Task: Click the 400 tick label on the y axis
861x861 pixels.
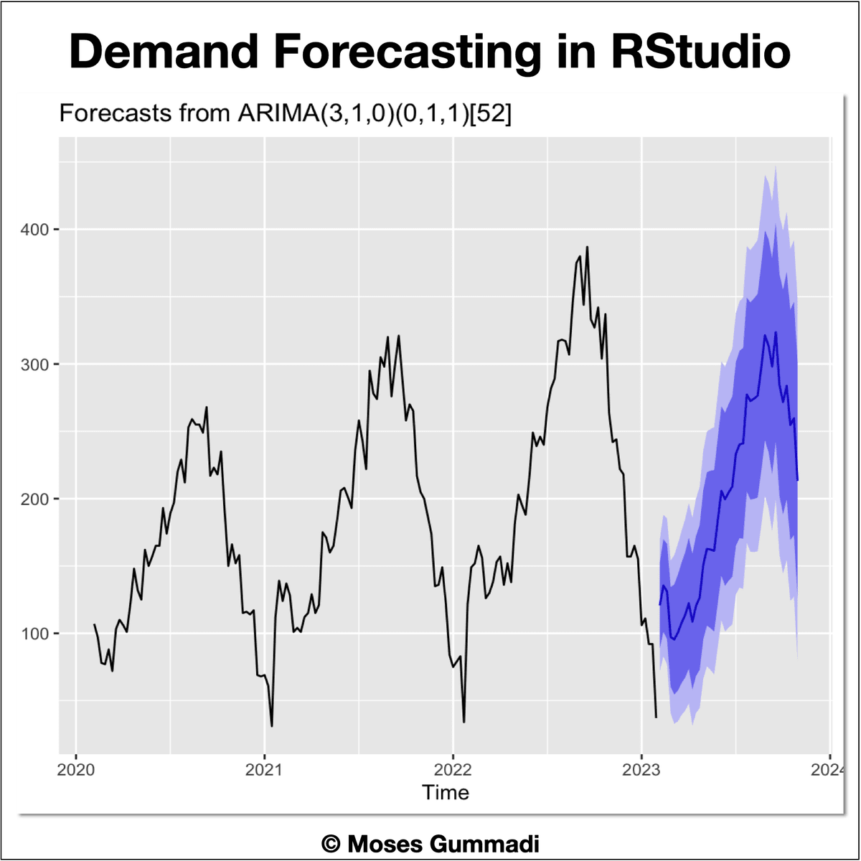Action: point(34,230)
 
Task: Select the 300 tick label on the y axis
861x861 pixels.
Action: point(34,364)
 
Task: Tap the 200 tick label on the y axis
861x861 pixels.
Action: point(34,499)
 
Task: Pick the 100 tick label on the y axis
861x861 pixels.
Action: point(34,634)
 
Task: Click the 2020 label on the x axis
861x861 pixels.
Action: point(76,770)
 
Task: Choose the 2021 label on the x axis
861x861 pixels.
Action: point(264,770)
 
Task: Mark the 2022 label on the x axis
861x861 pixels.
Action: point(453,770)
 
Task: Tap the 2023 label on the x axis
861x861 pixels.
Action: point(641,770)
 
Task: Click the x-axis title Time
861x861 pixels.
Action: point(446,793)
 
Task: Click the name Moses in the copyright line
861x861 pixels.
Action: point(385,844)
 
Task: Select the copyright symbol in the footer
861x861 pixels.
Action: point(330,844)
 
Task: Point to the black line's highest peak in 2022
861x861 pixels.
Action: point(587,247)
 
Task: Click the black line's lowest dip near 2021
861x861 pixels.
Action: point(271,726)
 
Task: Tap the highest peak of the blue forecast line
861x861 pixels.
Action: point(776,332)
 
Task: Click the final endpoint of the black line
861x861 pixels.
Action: point(656,717)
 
